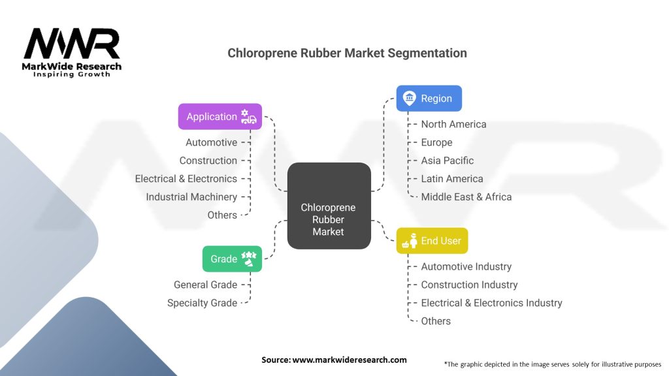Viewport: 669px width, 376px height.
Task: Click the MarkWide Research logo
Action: pos(72,52)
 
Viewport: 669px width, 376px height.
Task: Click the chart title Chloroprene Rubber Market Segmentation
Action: pos(347,53)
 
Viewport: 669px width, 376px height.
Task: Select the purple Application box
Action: pos(220,117)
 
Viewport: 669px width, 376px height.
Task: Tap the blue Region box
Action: pos(429,99)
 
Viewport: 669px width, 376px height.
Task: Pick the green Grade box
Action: pos(232,258)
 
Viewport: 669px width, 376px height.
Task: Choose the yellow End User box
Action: pos(432,241)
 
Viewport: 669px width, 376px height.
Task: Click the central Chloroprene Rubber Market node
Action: pos(329,219)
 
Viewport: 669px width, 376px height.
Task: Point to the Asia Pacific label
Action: pos(448,161)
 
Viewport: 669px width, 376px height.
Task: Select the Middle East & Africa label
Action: pos(466,196)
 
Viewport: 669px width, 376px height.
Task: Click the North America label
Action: pos(453,124)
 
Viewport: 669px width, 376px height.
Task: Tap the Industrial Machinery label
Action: pos(191,196)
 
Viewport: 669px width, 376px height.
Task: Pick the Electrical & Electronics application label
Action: pos(186,178)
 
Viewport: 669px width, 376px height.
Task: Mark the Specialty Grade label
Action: pos(202,303)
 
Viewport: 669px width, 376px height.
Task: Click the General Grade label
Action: pos(205,285)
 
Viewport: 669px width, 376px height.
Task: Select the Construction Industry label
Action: pos(469,285)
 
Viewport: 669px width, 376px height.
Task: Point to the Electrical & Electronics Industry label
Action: pos(491,303)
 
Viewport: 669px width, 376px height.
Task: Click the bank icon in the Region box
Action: pos(409,99)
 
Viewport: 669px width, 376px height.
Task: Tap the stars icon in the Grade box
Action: pos(248,259)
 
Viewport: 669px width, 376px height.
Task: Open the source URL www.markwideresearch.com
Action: pos(350,360)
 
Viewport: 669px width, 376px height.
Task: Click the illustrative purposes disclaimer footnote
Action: pos(552,364)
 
